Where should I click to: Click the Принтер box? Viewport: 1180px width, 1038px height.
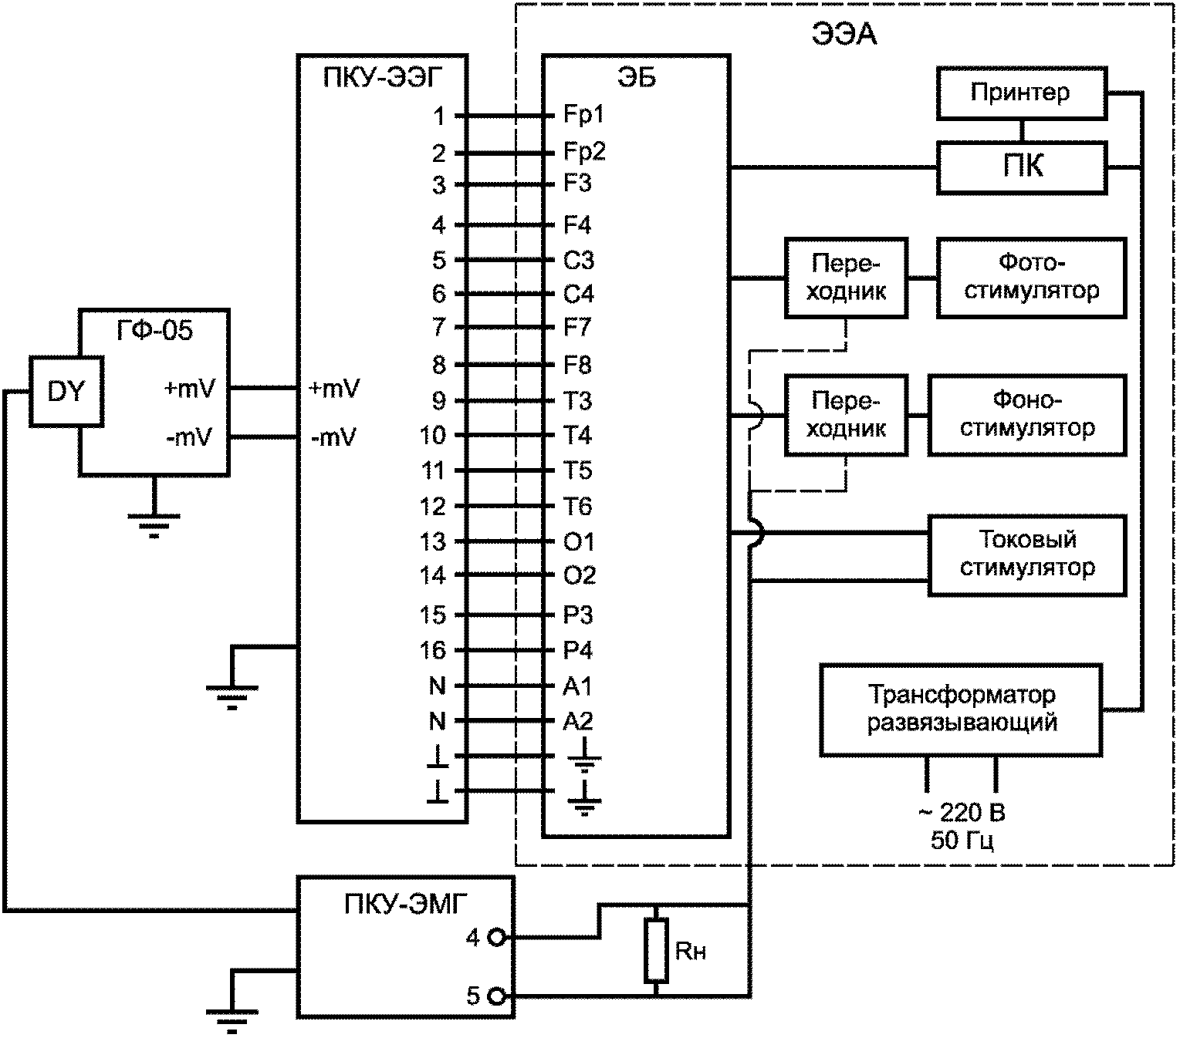point(1022,93)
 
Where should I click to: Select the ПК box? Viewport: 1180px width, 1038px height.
point(1022,167)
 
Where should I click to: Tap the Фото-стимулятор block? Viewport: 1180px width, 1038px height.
point(1031,277)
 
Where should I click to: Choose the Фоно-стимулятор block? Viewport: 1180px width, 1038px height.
point(1027,414)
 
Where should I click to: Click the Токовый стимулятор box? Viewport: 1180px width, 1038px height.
point(1027,554)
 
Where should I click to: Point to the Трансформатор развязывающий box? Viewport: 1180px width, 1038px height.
point(961,709)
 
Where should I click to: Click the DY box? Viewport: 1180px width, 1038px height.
point(66,391)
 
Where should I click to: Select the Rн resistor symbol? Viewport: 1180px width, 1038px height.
point(656,950)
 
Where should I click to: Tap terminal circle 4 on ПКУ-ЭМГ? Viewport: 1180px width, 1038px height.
point(496,937)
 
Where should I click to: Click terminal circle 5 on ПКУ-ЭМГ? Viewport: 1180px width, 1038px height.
point(496,996)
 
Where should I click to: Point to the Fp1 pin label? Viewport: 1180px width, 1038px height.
point(583,115)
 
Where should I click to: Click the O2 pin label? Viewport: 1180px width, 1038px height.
point(579,575)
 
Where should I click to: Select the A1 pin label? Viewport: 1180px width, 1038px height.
point(577,686)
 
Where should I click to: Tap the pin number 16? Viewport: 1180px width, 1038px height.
point(433,650)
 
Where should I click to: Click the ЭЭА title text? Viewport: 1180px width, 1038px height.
point(844,35)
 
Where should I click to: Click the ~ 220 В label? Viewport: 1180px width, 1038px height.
point(962,812)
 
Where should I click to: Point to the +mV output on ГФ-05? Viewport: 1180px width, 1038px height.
point(190,389)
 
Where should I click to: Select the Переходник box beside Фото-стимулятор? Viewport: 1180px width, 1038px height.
point(846,277)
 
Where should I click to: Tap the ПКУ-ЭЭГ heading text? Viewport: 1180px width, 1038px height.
point(383,77)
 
